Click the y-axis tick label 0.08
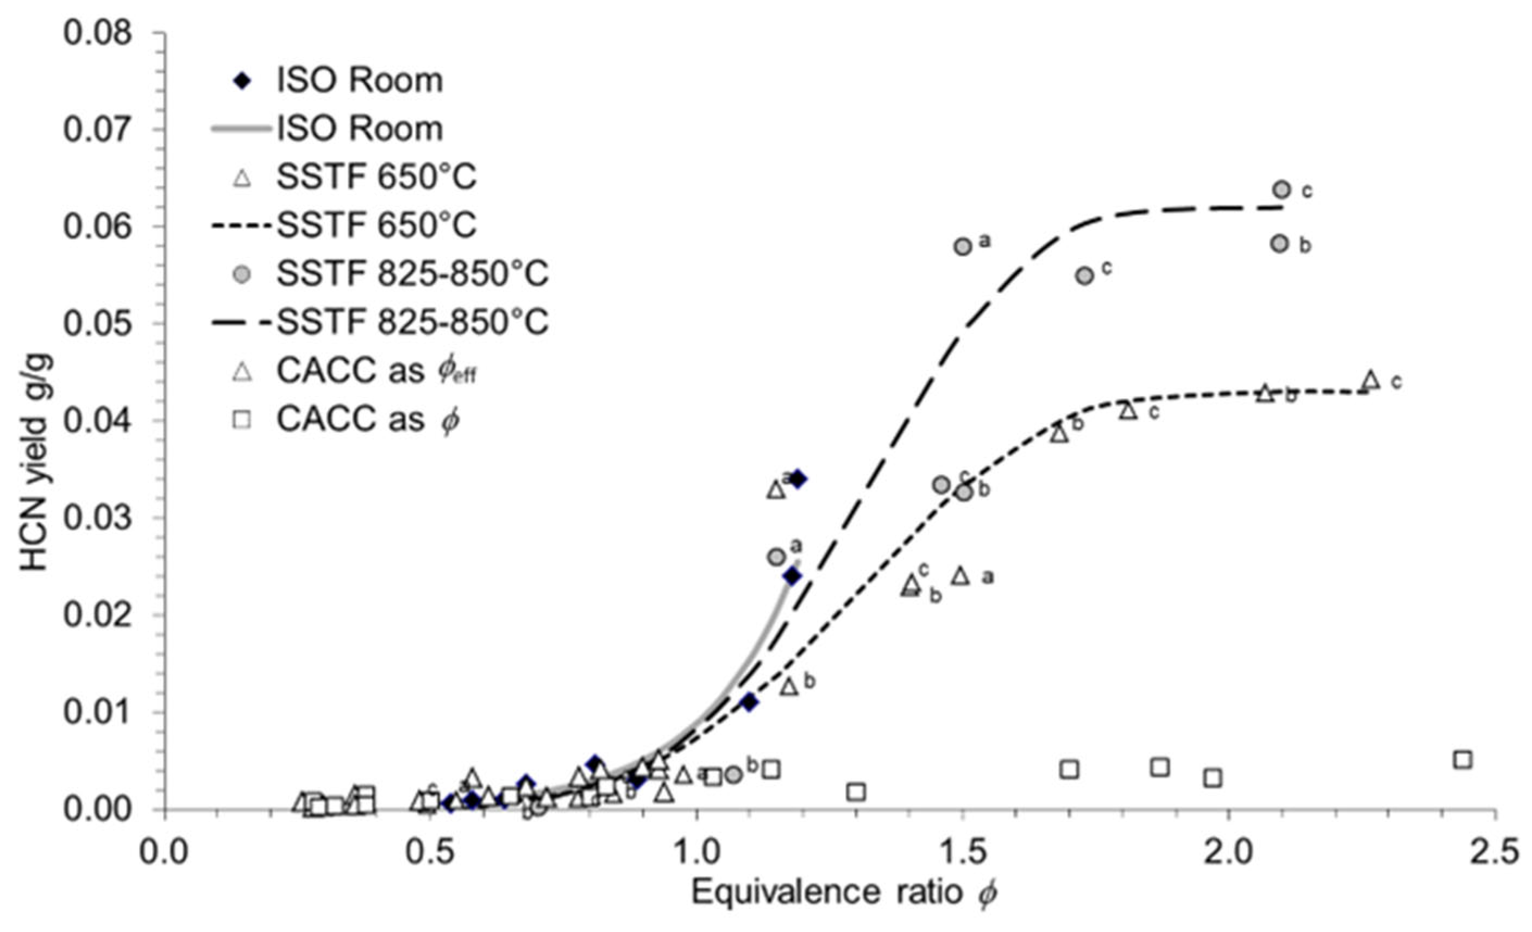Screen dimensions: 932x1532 point(98,33)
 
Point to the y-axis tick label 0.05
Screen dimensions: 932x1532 point(98,324)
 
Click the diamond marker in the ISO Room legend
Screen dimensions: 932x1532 point(242,81)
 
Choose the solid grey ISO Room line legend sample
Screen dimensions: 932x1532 point(242,129)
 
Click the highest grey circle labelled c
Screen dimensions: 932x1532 point(1282,189)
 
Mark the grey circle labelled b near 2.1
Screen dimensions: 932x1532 point(1279,243)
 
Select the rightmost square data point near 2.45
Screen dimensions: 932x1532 point(1463,760)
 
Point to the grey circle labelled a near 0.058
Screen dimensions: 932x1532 point(963,246)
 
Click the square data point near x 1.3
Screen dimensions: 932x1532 point(857,792)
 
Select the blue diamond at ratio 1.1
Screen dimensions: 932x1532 point(750,702)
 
